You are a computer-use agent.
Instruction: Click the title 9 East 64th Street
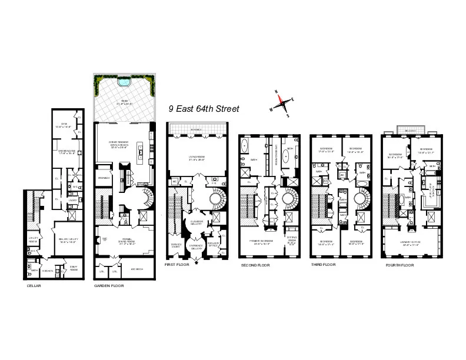[204, 109]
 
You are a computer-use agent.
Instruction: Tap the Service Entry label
[176, 245]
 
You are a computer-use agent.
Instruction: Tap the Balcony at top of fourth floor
[408, 129]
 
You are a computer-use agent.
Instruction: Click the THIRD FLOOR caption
[323, 265]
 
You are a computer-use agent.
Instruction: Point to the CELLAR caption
[34, 286]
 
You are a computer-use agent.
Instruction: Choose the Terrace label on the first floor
[195, 129]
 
